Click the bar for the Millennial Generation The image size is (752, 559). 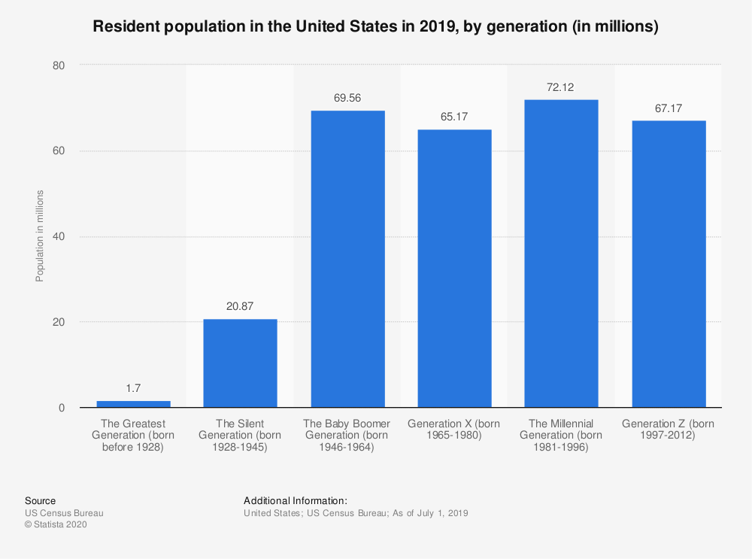point(561,254)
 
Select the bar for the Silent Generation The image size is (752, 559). point(240,363)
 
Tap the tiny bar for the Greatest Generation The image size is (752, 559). point(133,404)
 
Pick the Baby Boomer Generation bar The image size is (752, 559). point(347,259)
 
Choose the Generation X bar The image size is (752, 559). point(454,269)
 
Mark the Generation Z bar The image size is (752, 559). point(669,264)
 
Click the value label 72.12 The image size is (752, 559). point(561,88)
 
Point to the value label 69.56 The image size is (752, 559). point(347,99)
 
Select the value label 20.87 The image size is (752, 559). point(240,307)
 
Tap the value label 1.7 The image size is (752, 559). point(133,389)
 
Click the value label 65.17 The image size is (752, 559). point(454,117)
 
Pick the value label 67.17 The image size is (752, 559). point(669,109)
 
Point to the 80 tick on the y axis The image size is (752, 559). point(59,65)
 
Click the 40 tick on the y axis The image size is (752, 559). point(59,237)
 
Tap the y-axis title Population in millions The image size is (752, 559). point(40,236)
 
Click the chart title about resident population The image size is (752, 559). point(375,27)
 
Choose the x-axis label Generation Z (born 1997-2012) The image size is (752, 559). point(669,430)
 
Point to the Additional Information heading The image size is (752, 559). point(295,500)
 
